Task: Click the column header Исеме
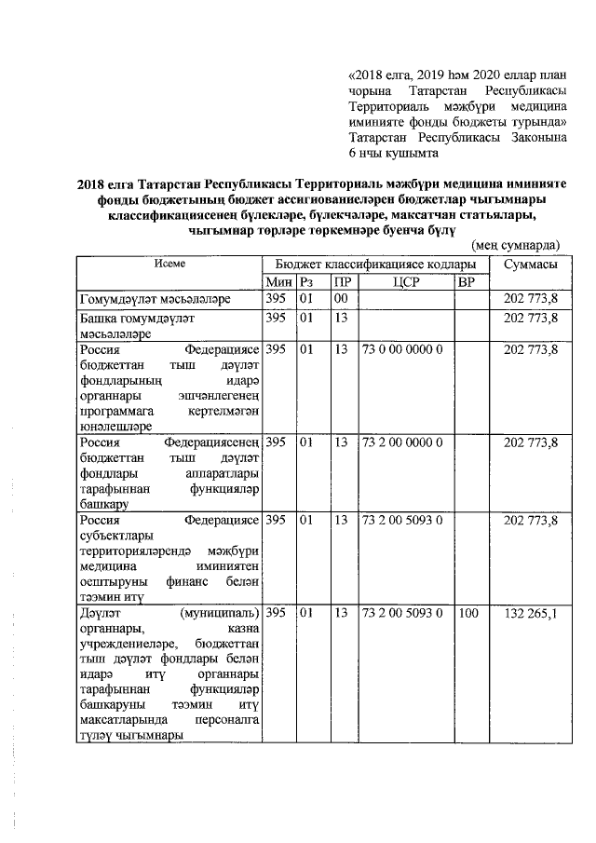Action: click(169, 265)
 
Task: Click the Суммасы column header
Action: click(531, 265)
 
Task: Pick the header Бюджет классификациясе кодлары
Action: click(376, 265)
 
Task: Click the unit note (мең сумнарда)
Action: click(515, 245)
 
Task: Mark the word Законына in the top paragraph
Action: click(535, 137)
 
